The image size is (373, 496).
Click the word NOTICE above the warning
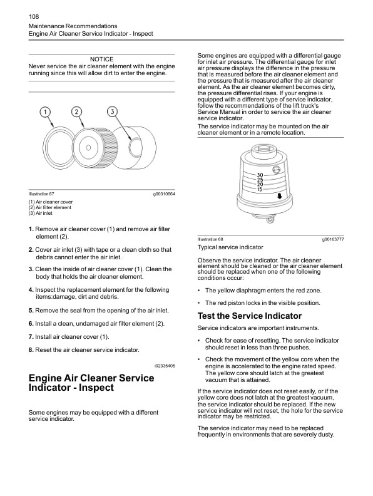tap(102, 59)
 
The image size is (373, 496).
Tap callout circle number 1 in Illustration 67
tap(45, 111)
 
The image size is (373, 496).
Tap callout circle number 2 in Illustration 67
tap(76, 111)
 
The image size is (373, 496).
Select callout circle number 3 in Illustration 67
tap(111, 111)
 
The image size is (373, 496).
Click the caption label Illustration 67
tap(41, 194)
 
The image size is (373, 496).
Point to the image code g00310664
tap(163, 194)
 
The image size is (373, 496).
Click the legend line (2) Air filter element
tap(50, 208)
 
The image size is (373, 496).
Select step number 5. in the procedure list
tap(31, 311)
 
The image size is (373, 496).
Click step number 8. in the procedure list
tap(31, 349)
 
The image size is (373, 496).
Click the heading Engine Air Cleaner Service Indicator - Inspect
tap(91, 383)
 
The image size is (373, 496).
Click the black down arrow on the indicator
tap(279, 195)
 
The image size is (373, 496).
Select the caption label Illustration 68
tap(210, 240)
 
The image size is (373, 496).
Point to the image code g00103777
tap(333, 240)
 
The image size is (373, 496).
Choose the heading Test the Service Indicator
tap(249, 316)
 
